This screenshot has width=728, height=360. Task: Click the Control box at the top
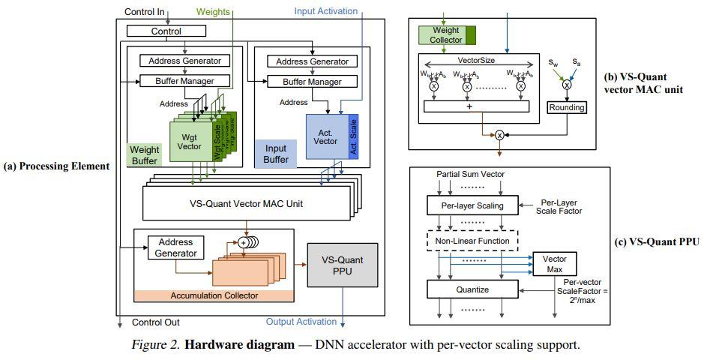166,31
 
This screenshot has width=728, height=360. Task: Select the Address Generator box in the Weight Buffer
184,61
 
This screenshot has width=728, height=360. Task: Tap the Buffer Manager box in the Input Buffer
302,81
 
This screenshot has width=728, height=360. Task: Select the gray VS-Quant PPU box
342,265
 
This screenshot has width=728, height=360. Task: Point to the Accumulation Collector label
213,295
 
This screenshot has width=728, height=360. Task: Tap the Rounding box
566,107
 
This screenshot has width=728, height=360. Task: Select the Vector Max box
554,262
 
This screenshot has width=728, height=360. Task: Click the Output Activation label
301,322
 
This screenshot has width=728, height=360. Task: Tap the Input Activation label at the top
325,11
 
